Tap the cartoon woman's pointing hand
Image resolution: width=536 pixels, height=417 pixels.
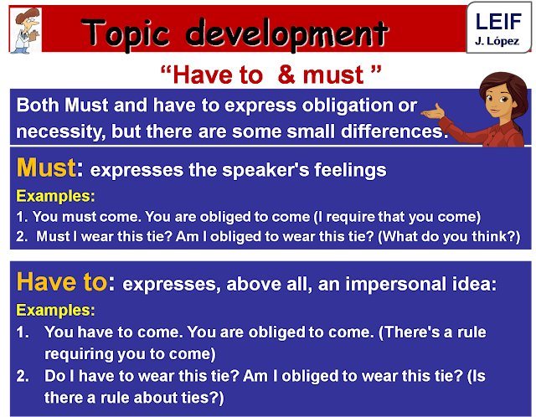click(x=431, y=112)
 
